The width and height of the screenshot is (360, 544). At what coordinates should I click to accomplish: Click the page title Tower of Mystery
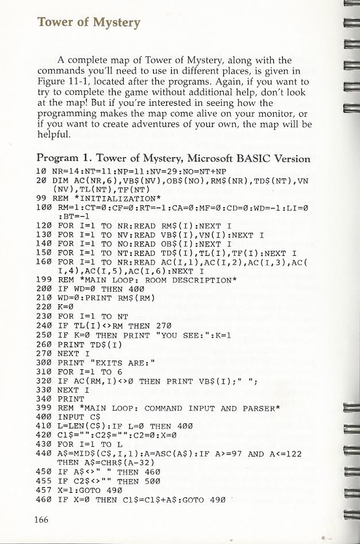click(88, 22)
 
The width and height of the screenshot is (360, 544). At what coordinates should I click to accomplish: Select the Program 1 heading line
click(173, 158)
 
